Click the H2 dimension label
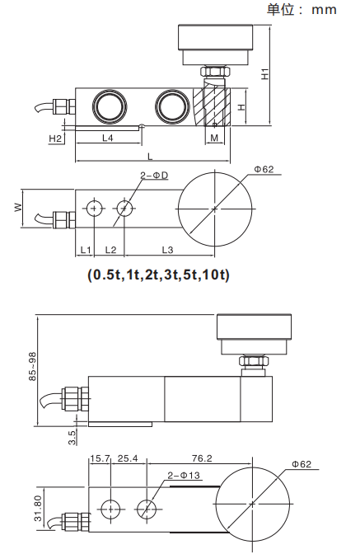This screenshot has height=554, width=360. (x=55, y=138)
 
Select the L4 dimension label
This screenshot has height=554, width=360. (x=107, y=138)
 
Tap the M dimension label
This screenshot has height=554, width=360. (x=214, y=138)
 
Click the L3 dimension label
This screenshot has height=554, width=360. (x=166, y=249)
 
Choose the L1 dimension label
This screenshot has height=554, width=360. (x=85, y=249)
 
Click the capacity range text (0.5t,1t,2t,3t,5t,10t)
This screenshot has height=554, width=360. (x=157, y=275)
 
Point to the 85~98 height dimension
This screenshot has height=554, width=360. (x=32, y=368)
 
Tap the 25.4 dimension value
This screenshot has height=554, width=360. (x=129, y=458)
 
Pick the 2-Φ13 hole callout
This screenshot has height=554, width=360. (x=183, y=476)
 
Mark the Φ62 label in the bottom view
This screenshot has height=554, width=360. (x=300, y=465)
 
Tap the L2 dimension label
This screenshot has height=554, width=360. (x=110, y=249)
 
